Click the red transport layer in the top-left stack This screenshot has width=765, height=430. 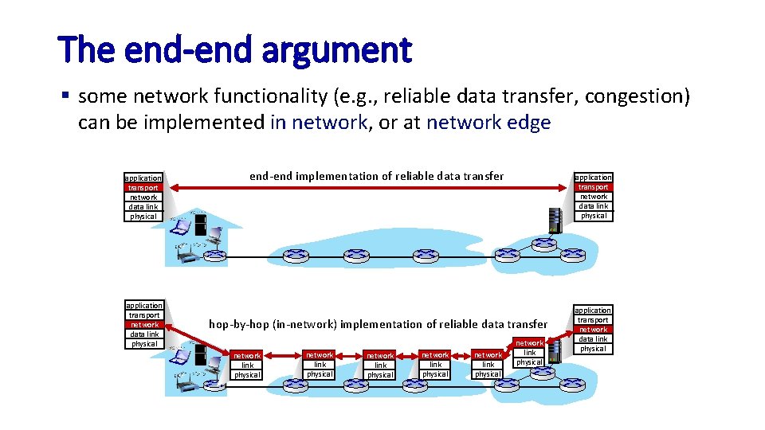click(143, 188)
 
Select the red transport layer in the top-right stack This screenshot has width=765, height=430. click(594, 187)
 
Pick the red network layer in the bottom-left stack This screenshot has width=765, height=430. click(144, 325)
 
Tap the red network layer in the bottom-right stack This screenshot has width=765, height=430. click(593, 330)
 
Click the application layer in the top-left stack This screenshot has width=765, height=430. click(143, 178)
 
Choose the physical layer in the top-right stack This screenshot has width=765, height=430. click(594, 216)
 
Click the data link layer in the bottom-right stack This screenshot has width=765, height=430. click(593, 339)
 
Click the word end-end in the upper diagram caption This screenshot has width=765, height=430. click(271, 176)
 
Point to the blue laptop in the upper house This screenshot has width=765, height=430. click(182, 228)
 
